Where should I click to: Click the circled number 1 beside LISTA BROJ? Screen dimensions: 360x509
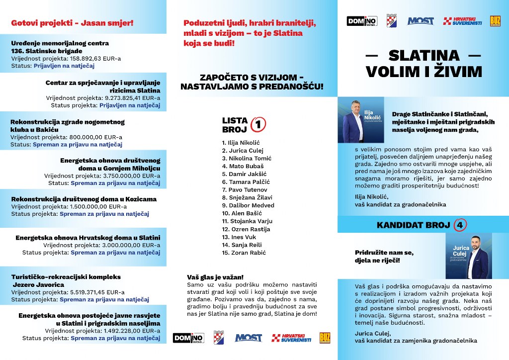(258, 124)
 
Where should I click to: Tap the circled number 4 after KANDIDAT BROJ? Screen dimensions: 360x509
(460, 225)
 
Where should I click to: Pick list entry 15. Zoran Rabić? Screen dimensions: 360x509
(244, 253)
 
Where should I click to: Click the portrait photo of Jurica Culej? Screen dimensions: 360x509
(469, 256)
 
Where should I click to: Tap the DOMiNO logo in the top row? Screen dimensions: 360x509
(362, 21)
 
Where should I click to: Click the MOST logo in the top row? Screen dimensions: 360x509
(421, 21)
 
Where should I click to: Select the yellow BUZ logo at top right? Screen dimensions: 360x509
(495, 21)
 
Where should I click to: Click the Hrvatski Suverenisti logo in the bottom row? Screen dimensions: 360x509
(291, 338)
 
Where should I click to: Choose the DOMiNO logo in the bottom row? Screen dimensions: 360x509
(188, 338)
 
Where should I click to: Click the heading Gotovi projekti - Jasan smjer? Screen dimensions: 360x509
(72, 23)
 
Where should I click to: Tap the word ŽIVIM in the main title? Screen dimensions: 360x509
(453, 72)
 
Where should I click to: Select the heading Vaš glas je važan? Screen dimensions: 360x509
(215, 277)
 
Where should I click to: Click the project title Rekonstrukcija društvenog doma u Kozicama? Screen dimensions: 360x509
(84, 199)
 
